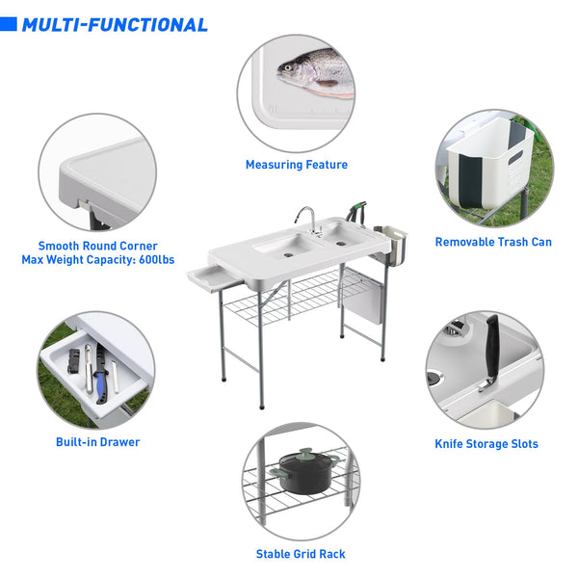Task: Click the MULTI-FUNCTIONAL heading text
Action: pyautogui.click(x=115, y=25)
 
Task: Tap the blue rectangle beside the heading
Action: pyautogui.click(x=8, y=24)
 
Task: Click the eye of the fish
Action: pyautogui.click(x=287, y=67)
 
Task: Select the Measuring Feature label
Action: pyautogui.click(x=297, y=165)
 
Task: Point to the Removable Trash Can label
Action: pyautogui.click(x=493, y=242)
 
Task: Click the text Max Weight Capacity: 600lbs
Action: pyautogui.click(x=98, y=259)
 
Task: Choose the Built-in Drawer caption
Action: pyautogui.click(x=97, y=442)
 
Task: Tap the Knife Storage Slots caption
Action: pyautogui.click(x=486, y=444)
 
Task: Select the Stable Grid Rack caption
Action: pyautogui.click(x=301, y=554)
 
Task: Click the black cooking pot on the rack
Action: pyautogui.click(x=306, y=472)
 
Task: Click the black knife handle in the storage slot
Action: pyautogui.click(x=491, y=347)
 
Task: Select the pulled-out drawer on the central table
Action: pyautogui.click(x=214, y=277)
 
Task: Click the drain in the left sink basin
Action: pyautogui.click(x=288, y=255)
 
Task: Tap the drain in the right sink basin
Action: pyautogui.click(x=341, y=244)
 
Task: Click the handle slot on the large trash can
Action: pyautogui.click(x=515, y=157)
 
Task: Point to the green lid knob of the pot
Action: pyautogui.click(x=306, y=451)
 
